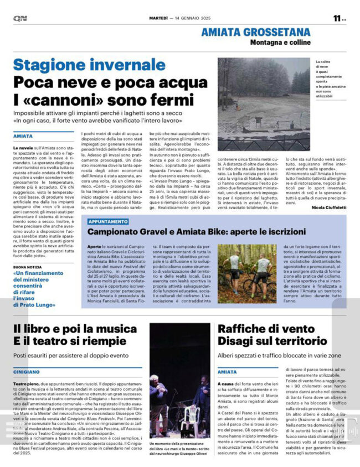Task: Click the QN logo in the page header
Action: [x=20, y=18]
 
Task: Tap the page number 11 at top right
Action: [x=337, y=18]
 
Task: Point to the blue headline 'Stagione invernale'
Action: [x=81, y=65]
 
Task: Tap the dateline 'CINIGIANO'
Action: [x=28, y=372]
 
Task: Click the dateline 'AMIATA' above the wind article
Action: [x=227, y=372]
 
